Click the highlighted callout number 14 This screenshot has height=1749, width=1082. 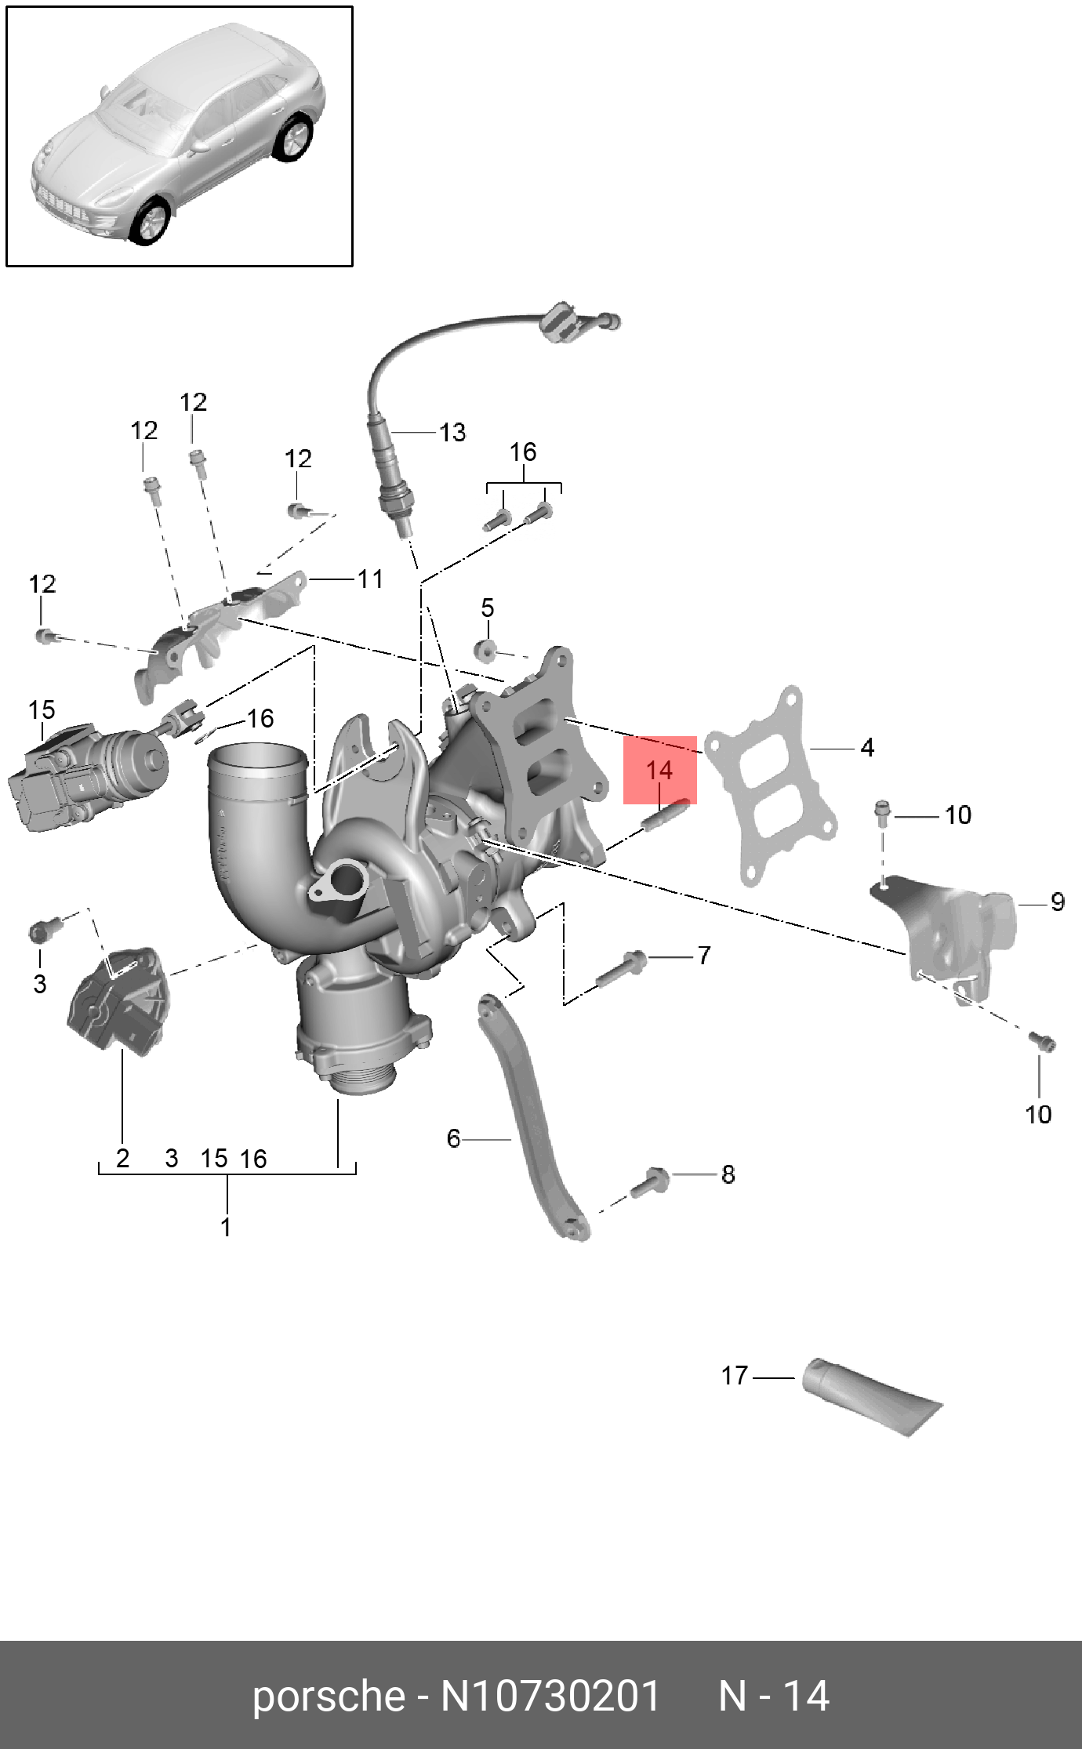pyautogui.click(x=659, y=770)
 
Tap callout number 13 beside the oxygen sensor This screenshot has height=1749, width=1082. pyautogui.click(x=452, y=432)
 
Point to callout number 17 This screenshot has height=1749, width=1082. pyautogui.click(x=735, y=1375)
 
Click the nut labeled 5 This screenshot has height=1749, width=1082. pyautogui.click(x=485, y=650)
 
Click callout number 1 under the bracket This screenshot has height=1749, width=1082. pyautogui.click(x=226, y=1226)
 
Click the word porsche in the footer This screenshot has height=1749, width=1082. pyautogui.click(x=328, y=1696)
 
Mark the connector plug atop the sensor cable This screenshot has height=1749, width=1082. pyautogui.click(x=561, y=321)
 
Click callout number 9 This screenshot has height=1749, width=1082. pyautogui.click(x=1057, y=902)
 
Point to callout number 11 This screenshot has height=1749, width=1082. pyautogui.click(x=370, y=579)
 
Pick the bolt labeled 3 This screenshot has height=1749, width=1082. pyautogui.click(x=41, y=931)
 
